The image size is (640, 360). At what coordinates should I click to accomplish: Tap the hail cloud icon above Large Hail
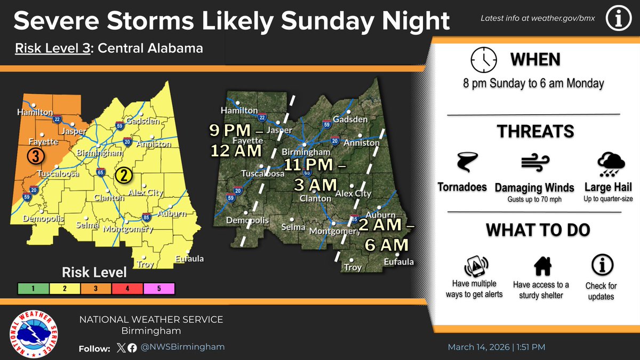click(x=609, y=164)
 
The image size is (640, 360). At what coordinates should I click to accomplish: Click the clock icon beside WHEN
click(x=483, y=60)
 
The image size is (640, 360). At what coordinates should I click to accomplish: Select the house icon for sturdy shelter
click(x=542, y=265)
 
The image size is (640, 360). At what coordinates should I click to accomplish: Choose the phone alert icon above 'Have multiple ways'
click(x=474, y=265)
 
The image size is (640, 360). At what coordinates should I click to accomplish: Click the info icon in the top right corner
click(x=619, y=18)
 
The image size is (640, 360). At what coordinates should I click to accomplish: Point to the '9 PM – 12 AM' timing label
click(x=236, y=140)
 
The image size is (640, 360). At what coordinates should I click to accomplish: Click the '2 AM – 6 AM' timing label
click(x=386, y=235)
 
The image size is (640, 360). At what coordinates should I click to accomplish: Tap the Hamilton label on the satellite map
click(x=242, y=110)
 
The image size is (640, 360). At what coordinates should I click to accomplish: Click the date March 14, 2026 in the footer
click(x=478, y=347)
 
